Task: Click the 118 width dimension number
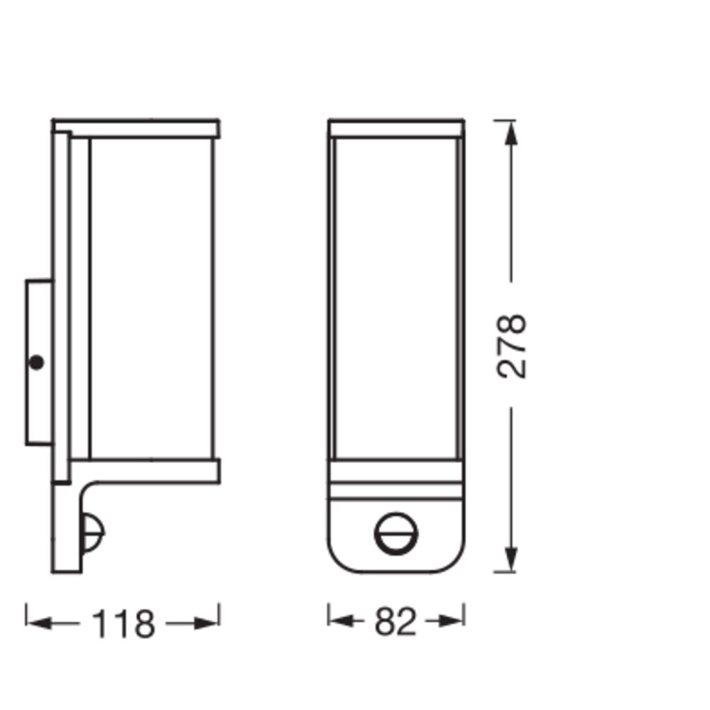click(x=123, y=624)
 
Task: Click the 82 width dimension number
click(x=395, y=622)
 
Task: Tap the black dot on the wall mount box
click(x=36, y=363)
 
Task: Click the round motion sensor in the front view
click(x=395, y=533)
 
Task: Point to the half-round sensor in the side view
click(x=93, y=532)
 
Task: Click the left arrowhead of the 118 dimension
click(x=39, y=623)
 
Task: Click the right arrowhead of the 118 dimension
click(x=207, y=623)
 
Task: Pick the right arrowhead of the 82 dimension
click(x=451, y=621)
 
